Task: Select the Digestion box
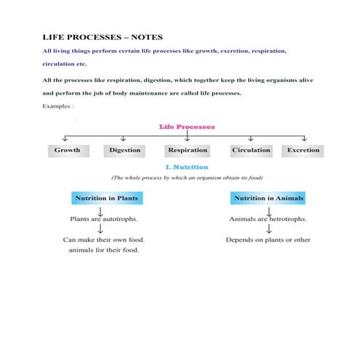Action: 126,151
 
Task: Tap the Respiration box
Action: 187,151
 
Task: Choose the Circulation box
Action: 251,151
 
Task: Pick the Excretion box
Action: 303,151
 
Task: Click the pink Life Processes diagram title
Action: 187,127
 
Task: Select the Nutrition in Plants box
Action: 106,198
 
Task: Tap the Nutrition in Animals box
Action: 268,198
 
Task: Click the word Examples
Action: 58,107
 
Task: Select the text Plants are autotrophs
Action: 104,218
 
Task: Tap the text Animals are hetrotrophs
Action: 268,218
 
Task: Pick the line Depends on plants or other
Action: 268,239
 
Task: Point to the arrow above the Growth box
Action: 66,138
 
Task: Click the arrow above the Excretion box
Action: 304,138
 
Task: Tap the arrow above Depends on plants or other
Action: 269,228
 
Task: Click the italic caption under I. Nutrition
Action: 186,177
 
